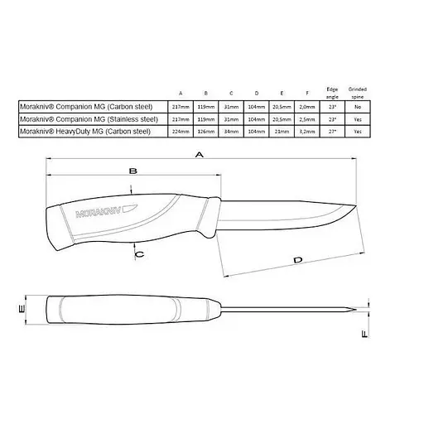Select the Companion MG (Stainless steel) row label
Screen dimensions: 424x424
point(84,119)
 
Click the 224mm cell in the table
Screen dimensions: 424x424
point(181,132)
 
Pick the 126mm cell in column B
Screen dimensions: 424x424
point(209,132)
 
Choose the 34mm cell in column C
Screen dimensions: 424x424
point(234,132)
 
